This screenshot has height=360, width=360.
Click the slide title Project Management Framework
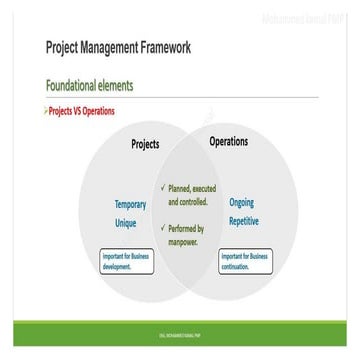click(x=118, y=48)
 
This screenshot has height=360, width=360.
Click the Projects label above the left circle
click(x=145, y=145)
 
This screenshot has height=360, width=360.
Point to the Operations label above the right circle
click(x=228, y=142)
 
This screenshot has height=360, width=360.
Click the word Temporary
click(x=130, y=204)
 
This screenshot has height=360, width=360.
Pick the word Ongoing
click(x=241, y=202)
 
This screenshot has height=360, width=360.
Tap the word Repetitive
click(x=243, y=221)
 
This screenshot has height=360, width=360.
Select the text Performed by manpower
click(x=186, y=235)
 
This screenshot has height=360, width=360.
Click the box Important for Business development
click(x=127, y=262)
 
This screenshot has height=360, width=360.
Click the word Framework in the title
click(x=162, y=48)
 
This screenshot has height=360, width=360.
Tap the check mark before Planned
click(x=163, y=188)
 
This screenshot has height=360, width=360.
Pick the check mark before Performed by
click(x=163, y=229)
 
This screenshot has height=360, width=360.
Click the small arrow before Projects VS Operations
click(x=46, y=111)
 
